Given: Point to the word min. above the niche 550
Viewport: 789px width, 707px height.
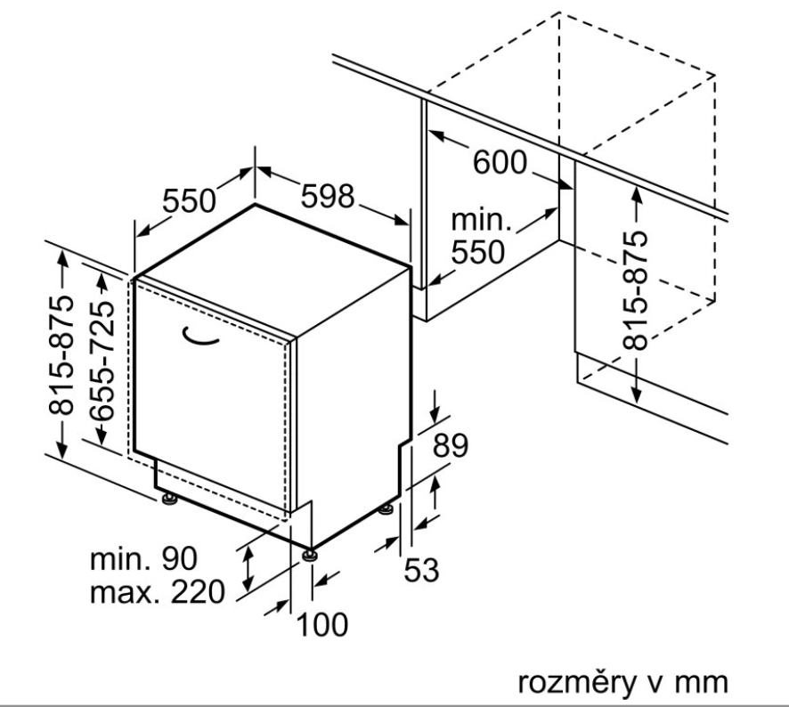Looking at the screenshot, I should click(x=482, y=219).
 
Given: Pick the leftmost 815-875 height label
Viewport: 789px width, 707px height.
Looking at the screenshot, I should click(x=61, y=353).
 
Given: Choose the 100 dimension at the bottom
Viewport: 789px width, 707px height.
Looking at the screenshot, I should click(x=321, y=625).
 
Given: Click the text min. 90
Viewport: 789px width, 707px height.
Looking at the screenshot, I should click(x=144, y=559).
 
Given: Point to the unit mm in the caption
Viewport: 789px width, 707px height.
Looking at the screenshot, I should click(x=704, y=683).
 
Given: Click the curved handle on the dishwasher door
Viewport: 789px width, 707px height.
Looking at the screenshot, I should click(x=203, y=336).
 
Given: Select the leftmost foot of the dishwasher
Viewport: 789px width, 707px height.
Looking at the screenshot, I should click(x=168, y=500).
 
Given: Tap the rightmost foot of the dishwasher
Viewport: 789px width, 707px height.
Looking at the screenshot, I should click(x=386, y=508).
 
